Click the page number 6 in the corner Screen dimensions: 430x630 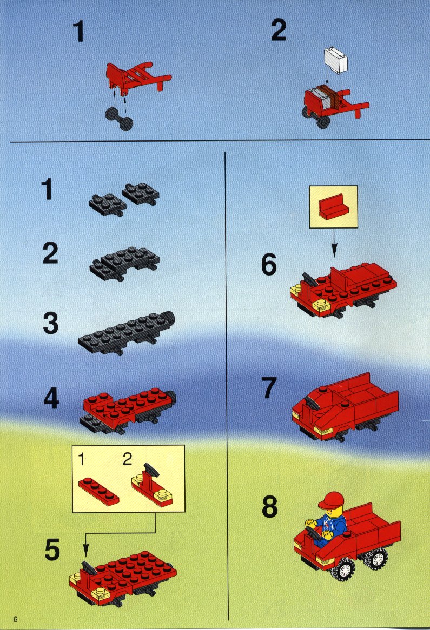pyautogui.click(x=15, y=619)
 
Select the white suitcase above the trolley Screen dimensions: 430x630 pyautogui.click(x=336, y=61)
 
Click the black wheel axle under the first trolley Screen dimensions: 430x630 pyautogui.click(x=119, y=118)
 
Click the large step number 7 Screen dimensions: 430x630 pyautogui.click(x=269, y=388)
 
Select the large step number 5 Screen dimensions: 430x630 pyautogui.click(x=52, y=549)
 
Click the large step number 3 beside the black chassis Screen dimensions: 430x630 pyautogui.click(x=51, y=324)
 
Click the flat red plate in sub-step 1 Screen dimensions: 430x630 pyautogui.click(x=98, y=491)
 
